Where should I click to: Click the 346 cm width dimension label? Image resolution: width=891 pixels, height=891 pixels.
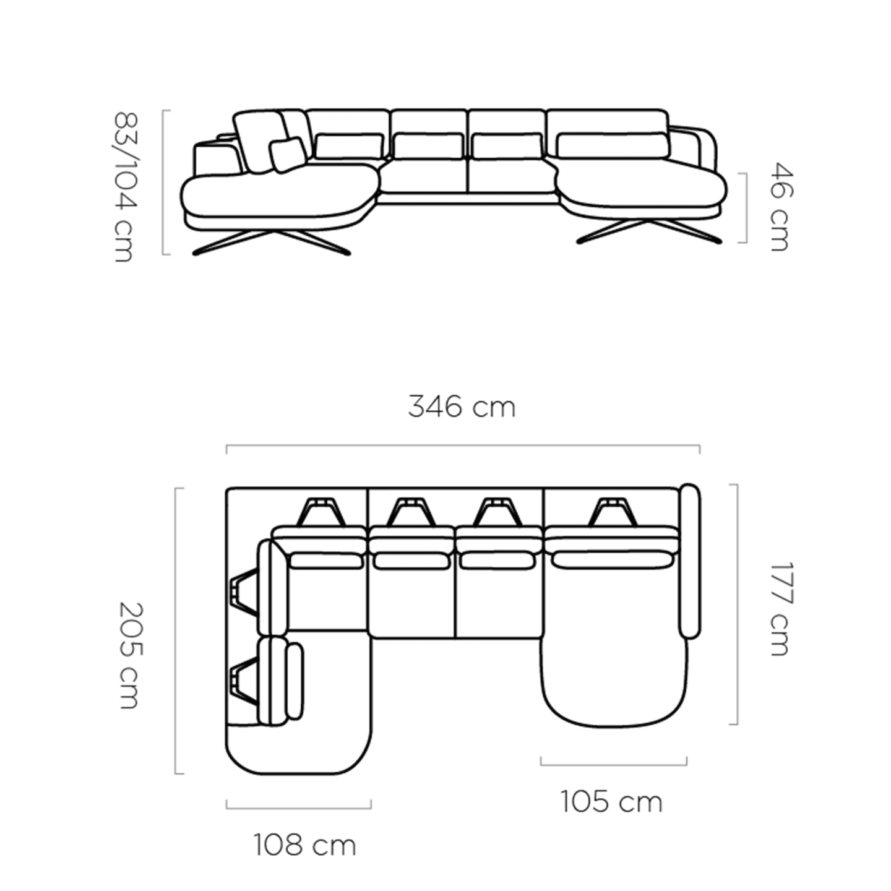tap(462, 407)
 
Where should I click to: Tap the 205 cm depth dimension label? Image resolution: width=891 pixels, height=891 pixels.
tap(131, 656)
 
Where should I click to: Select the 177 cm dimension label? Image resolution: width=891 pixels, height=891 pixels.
tap(782, 609)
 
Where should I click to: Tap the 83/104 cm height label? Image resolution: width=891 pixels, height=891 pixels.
tap(125, 187)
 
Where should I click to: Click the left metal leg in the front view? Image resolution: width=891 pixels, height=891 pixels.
tap(272, 242)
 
